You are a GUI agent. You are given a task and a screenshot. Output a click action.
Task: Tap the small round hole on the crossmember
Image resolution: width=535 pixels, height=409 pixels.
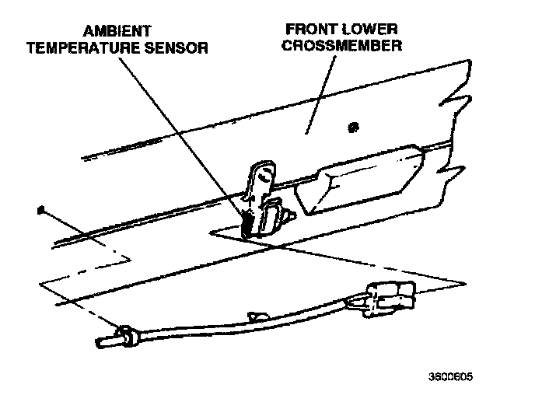tap(355, 126)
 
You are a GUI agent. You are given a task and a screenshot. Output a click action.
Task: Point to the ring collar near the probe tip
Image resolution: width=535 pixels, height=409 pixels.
tap(127, 336)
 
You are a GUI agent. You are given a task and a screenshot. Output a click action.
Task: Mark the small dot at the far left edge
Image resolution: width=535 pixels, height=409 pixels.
tap(38, 209)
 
